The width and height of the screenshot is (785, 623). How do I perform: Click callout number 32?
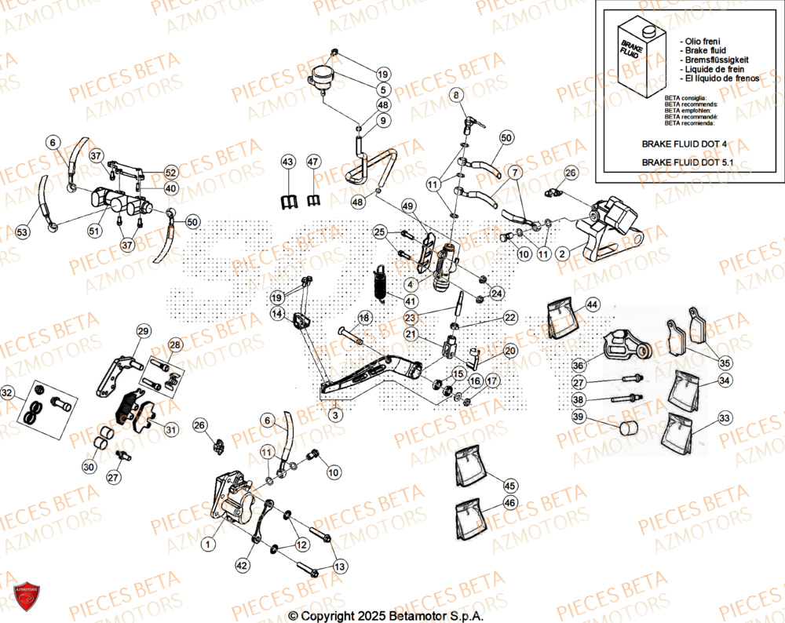point(7,392)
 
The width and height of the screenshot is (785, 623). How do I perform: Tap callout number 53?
point(22,232)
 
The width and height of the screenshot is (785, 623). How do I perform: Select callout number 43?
point(287,162)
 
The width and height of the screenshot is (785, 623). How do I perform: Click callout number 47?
point(314,162)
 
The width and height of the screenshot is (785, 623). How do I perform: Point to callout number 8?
point(456,96)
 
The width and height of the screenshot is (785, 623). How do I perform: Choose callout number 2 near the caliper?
point(561,254)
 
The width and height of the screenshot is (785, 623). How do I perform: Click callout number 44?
point(591,304)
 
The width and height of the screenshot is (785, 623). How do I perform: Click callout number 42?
point(242,563)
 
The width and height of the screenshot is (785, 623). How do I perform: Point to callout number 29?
point(142,331)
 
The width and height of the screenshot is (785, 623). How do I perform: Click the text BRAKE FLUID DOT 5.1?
point(693,162)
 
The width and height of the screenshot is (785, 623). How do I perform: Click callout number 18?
point(364,318)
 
